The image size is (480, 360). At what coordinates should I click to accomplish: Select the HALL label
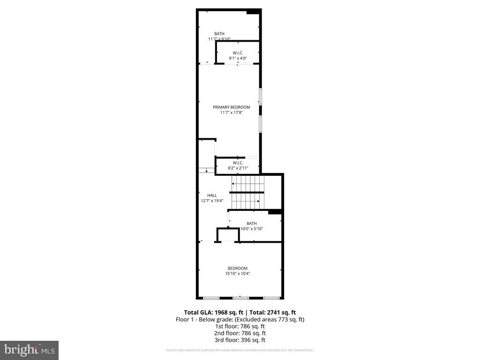212,195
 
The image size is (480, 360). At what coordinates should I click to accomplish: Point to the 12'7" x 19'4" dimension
212,201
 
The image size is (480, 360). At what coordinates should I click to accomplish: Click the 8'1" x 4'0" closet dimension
238,58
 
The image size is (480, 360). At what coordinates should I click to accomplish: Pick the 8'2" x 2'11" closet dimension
238,168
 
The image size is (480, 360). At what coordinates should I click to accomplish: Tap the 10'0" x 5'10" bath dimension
252,229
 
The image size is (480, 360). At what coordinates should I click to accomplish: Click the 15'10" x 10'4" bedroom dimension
238,274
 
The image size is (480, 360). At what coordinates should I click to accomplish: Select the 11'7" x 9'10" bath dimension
219,39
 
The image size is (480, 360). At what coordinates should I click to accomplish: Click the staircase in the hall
247,192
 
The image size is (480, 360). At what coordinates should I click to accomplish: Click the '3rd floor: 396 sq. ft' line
240,340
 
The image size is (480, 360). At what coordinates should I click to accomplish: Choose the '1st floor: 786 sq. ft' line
240,326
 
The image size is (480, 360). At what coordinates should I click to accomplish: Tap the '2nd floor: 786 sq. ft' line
240,333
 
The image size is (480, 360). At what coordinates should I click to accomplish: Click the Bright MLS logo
29,350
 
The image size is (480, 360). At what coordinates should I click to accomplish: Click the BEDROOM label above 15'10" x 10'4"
238,269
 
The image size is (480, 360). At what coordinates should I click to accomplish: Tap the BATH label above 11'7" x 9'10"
219,34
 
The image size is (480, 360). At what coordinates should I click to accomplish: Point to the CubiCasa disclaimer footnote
240,350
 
